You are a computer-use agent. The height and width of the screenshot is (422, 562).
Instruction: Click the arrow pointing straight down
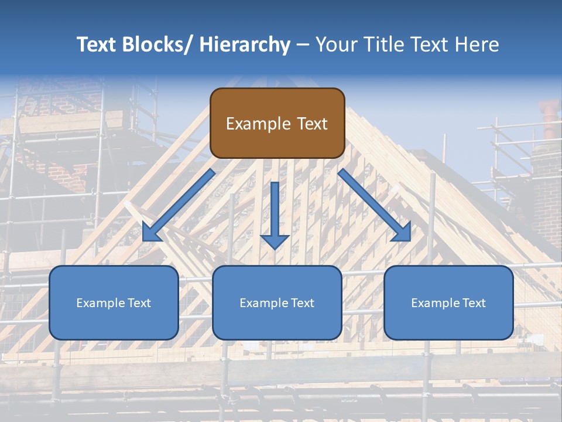tap(275, 215)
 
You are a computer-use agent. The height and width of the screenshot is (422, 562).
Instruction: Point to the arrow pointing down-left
tap(178, 206)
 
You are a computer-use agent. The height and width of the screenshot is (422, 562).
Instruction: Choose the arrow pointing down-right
tap(375, 206)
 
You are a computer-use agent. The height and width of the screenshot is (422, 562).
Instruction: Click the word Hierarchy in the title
tap(245, 45)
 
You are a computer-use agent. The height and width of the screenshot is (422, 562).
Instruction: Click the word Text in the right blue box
tap(474, 303)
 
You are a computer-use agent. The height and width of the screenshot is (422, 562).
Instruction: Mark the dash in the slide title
tap(303, 45)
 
